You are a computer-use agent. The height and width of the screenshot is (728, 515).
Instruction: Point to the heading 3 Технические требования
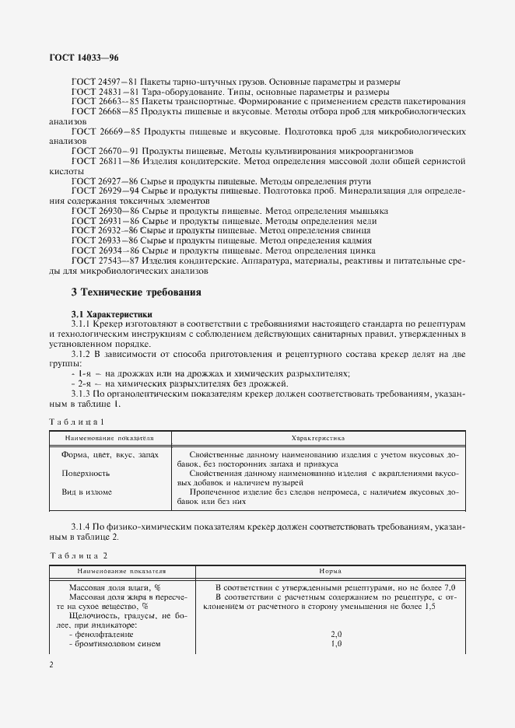(135, 293)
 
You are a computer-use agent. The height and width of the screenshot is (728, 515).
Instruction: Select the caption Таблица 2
(78, 555)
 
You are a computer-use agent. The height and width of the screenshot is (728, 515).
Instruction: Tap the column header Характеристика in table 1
(317, 439)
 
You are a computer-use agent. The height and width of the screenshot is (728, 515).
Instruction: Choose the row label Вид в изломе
(86, 492)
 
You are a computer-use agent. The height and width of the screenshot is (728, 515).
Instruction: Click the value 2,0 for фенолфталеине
(336, 635)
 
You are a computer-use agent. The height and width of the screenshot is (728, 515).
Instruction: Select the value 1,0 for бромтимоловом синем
(336, 645)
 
